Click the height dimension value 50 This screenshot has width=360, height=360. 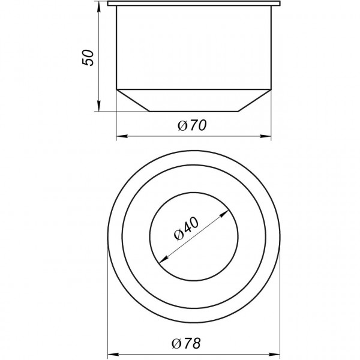(88, 58)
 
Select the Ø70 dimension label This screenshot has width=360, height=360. (193, 126)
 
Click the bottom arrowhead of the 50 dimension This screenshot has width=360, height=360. (98, 107)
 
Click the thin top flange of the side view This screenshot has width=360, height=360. (193, 4)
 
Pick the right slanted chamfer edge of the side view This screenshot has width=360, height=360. (254, 100)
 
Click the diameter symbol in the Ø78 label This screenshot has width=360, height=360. (176, 344)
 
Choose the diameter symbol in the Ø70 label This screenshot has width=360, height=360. (182, 127)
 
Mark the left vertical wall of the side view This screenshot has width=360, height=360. (116, 48)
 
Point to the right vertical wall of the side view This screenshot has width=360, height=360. (271, 48)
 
